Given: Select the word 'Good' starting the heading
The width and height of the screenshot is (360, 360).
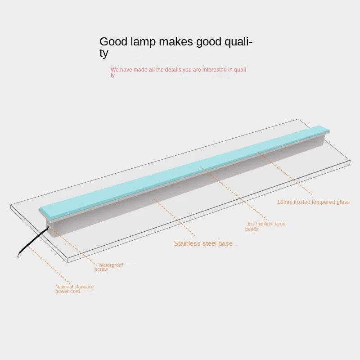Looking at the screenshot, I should pyautogui.click(x=113, y=42).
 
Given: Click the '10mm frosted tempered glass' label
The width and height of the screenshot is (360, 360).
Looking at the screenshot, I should pyautogui.click(x=313, y=202).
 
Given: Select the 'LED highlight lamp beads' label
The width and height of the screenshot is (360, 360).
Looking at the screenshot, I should pyautogui.click(x=265, y=226).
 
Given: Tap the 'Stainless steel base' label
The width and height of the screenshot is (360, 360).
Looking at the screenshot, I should pyautogui.click(x=203, y=243).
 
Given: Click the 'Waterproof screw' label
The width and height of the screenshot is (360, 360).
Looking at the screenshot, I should pyautogui.click(x=109, y=267).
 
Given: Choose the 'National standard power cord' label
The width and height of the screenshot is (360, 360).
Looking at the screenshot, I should pyautogui.click(x=74, y=289).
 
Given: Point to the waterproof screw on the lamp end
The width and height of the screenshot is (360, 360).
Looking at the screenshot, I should pyautogui.click(x=48, y=231).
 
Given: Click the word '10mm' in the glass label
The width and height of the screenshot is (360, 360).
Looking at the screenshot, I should pyautogui.click(x=284, y=202).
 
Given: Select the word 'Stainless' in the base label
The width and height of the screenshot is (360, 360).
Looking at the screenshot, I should pyautogui.click(x=187, y=243).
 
